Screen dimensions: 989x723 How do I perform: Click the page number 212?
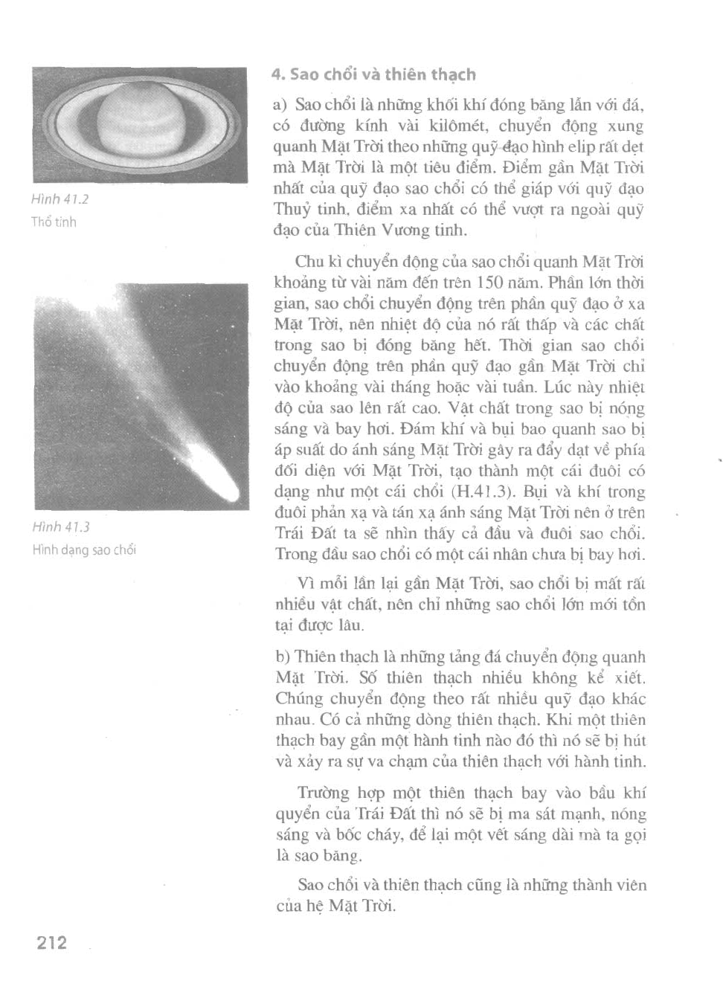pos(51,943)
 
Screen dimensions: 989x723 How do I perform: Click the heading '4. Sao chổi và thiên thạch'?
pos(373,74)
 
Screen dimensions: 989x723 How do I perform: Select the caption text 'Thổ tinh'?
pos(54,222)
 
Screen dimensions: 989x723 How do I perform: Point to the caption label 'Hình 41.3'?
pos(61,527)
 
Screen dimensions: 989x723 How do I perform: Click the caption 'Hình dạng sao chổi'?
pos(84,550)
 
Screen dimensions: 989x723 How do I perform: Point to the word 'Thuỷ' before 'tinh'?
pos(292,209)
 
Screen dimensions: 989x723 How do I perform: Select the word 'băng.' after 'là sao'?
pos(343,856)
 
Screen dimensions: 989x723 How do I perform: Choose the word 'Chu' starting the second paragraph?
pos(309,262)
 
